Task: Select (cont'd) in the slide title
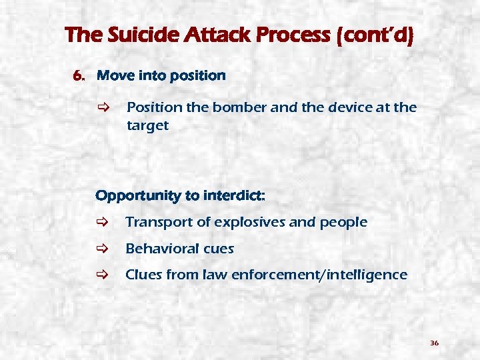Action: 375,35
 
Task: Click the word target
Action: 147,125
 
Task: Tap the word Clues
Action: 144,275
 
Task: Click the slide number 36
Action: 434,343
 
